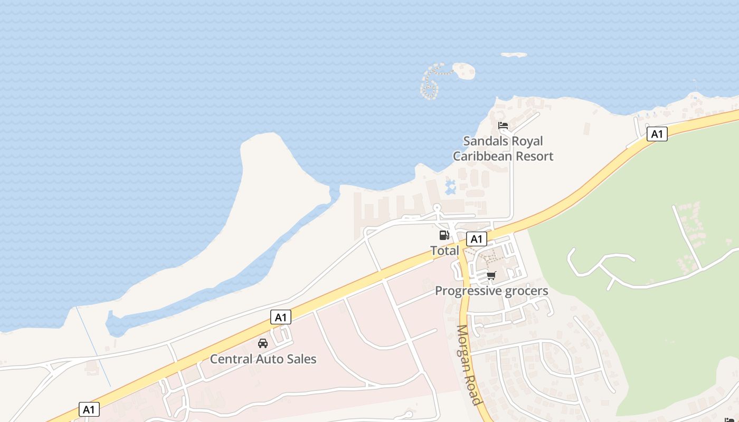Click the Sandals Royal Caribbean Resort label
[503, 149]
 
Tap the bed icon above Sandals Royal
[503, 126]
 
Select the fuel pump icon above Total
[444, 235]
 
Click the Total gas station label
[444, 251]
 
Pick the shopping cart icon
[491, 275]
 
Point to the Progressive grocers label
[491, 291]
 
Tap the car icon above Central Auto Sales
[263, 343]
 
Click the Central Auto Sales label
[263, 359]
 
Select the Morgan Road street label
[469, 365]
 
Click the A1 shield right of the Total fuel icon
[476, 239]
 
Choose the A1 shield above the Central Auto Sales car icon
[281, 317]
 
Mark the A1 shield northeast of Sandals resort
[657, 134]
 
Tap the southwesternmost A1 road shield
[89, 409]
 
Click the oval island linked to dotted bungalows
[464, 71]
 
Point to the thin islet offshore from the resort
[514, 55]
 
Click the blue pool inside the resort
[450, 187]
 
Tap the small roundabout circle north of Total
[437, 208]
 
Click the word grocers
[526, 291]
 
